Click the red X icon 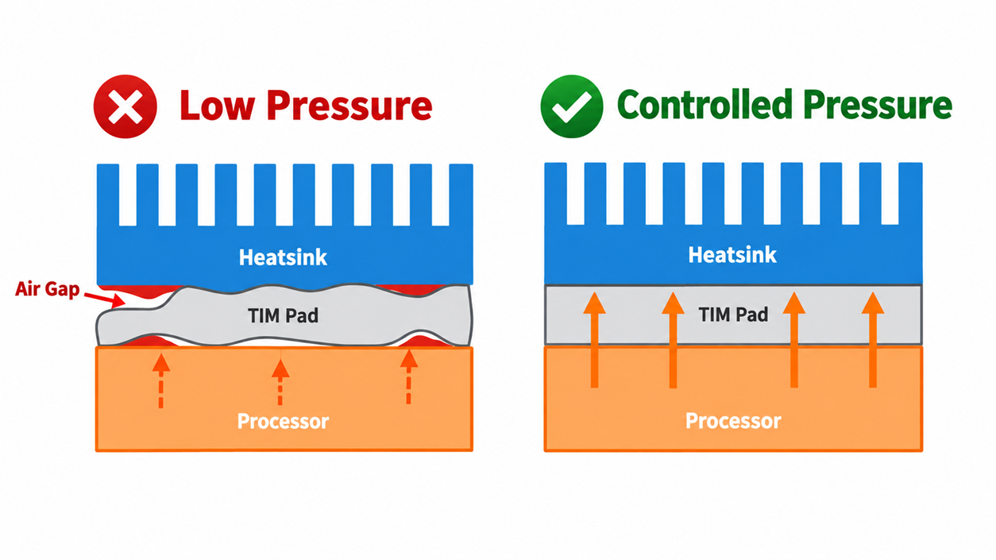click(125, 106)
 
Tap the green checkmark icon click(572, 106)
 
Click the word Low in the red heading click(218, 106)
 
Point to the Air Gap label click(47, 289)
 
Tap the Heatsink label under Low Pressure click(283, 257)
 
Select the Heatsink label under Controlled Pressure click(732, 255)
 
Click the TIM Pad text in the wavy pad click(284, 316)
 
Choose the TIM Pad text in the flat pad click(733, 315)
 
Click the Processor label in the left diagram click(283, 421)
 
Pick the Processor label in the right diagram click(733, 421)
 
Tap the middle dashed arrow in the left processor click(280, 381)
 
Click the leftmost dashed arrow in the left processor click(161, 380)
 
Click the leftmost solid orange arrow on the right click(594, 340)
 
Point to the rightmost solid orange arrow click(873, 340)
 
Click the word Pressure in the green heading click(878, 105)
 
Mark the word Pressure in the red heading click(349, 106)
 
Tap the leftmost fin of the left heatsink click(108, 195)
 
